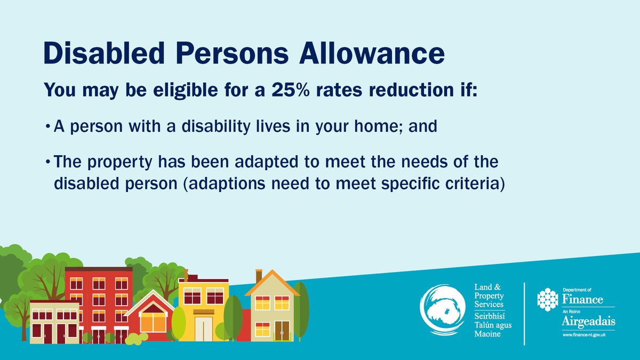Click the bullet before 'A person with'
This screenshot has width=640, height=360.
coord(48,127)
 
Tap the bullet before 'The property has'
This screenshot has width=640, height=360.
coord(48,162)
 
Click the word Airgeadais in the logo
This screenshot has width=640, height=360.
coord(588,322)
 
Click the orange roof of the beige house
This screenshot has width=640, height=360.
coord(272,283)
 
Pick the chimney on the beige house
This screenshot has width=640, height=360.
coord(259,275)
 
